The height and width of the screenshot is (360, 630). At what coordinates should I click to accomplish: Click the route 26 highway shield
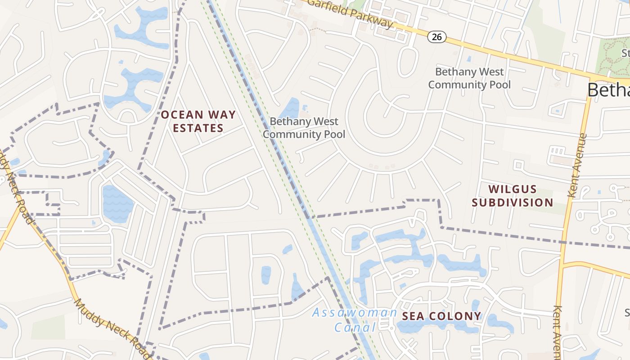436,37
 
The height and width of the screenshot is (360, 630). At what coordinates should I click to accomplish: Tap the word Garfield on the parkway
326,8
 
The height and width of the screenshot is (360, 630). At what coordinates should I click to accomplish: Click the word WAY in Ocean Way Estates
220,115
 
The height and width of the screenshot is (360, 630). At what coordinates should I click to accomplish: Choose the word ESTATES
198,128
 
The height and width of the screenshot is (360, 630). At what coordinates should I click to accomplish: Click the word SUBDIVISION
513,202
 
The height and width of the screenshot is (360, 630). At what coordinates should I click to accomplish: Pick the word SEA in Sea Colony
413,316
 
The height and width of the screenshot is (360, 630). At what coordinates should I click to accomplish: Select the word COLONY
454,316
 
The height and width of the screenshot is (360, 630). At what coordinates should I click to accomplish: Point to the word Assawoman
355,312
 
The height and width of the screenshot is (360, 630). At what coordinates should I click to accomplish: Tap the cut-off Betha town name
608,90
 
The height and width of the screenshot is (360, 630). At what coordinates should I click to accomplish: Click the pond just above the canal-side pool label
289,108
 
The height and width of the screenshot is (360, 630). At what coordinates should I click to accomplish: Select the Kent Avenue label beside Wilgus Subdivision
578,165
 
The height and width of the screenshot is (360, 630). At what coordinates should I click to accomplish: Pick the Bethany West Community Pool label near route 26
469,78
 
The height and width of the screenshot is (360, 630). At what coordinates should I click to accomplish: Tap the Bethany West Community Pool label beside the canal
304,128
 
